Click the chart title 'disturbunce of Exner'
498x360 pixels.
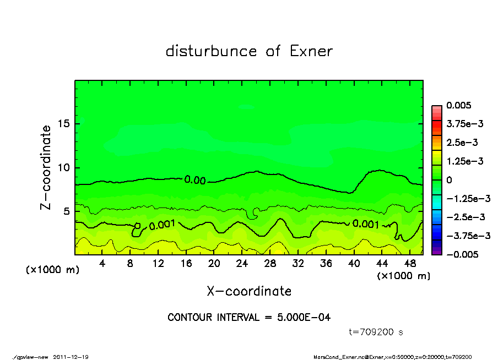pos(249,51)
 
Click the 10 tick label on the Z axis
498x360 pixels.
pos(64,167)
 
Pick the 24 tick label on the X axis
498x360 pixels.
pos(242,264)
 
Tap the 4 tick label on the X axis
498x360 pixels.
pos(102,264)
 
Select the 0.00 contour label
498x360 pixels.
pos(194,179)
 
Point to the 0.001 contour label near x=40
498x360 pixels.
pos(365,223)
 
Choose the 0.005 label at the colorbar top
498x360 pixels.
pos(457,105)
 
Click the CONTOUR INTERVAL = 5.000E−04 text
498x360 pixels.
pos(249,318)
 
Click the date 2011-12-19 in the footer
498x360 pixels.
pos(71,357)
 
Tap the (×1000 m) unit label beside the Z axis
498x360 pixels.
pos(51,270)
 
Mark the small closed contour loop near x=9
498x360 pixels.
pos(138,226)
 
